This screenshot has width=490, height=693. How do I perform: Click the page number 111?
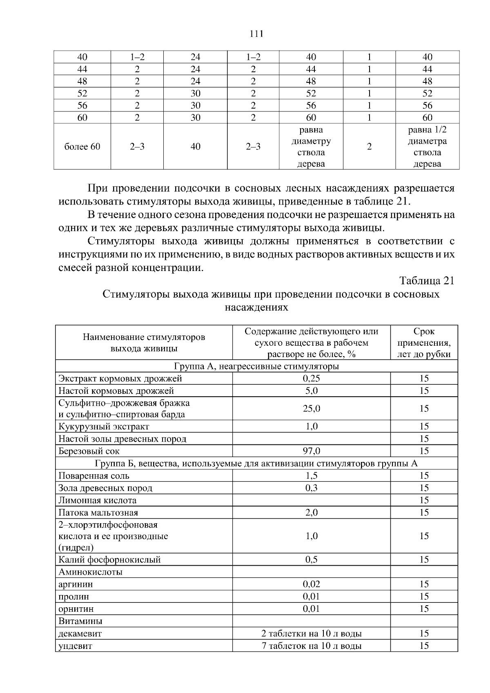(256, 34)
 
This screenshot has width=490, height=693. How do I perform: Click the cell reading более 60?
(82, 147)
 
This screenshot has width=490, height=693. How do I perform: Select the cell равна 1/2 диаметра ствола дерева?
(427, 147)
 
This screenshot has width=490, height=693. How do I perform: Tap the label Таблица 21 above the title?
(427, 281)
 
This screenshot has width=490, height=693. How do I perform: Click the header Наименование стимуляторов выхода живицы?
(144, 343)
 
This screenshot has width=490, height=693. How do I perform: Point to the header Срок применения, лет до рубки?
(424, 343)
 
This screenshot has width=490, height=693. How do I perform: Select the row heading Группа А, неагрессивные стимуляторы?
(256, 366)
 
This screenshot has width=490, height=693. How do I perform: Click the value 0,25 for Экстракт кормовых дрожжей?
(311, 378)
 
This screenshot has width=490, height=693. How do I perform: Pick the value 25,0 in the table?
(311, 409)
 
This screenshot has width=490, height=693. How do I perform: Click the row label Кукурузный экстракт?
(104, 426)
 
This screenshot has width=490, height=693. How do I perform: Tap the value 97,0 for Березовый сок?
(311, 451)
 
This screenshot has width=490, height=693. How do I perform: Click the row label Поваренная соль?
(94, 476)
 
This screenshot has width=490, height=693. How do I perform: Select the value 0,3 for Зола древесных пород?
(311, 488)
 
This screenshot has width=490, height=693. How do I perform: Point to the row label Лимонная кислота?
(97, 500)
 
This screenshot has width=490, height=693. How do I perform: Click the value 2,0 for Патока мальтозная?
(311, 513)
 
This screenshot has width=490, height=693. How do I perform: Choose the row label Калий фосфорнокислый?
(109, 560)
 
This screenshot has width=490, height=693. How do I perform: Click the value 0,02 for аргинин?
(311, 584)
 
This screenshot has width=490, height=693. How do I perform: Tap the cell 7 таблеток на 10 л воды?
(311, 646)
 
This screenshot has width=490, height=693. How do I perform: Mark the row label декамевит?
(80, 634)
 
